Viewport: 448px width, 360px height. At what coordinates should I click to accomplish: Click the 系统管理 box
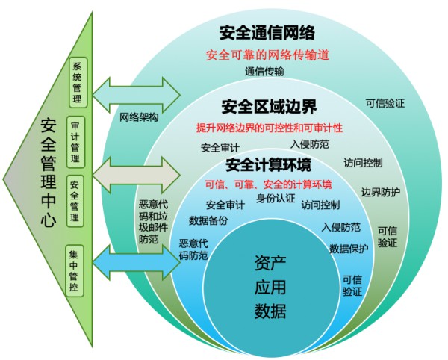[78, 83]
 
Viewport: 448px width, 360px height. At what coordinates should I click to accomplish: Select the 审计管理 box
[75, 142]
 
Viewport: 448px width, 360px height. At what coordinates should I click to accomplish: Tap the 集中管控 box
[75, 270]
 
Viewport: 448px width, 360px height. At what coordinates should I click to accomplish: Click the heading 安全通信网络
[267, 33]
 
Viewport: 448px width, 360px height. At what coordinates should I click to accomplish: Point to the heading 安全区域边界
[269, 107]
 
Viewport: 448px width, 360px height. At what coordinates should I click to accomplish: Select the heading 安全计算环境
[269, 165]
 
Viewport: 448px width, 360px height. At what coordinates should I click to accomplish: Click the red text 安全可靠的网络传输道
[267, 55]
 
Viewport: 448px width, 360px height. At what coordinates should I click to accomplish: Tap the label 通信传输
[264, 71]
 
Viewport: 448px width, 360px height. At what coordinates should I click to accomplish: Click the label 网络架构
[139, 117]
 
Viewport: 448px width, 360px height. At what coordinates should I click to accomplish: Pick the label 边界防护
[381, 192]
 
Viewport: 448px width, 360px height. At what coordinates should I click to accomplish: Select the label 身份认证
[276, 198]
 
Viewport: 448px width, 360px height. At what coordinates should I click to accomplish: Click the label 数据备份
[208, 220]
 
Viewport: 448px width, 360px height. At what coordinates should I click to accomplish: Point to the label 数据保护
[349, 249]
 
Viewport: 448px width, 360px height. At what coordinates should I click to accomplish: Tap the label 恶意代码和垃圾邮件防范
[153, 222]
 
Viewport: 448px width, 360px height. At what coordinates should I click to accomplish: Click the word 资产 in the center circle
[270, 263]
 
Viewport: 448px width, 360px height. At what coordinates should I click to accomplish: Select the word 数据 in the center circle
[270, 311]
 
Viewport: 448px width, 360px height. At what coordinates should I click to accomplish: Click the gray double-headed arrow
[137, 175]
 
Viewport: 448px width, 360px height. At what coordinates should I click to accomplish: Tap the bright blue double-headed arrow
[137, 262]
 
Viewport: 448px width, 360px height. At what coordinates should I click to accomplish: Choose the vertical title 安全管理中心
[48, 173]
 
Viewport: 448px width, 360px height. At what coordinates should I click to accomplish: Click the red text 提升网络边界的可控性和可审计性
[269, 128]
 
